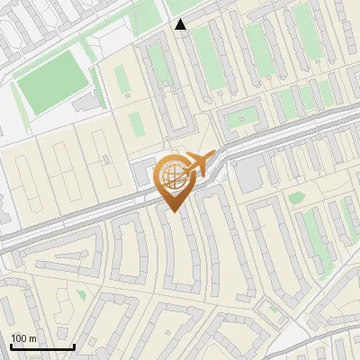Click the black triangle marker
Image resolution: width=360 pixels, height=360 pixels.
[x=181, y=24]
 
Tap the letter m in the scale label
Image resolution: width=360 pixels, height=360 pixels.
[x=32, y=338]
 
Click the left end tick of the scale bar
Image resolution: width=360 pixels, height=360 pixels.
[x=11, y=346]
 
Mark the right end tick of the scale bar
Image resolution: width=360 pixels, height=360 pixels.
[x=74, y=346]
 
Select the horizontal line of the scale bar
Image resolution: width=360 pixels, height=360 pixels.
[x=42, y=347]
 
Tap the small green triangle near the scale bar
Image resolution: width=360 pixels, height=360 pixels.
[x=81, y=294]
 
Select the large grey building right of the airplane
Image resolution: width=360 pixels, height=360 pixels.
[x=250, y=171]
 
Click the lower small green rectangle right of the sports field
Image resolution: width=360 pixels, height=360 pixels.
[x=136, y=123]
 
